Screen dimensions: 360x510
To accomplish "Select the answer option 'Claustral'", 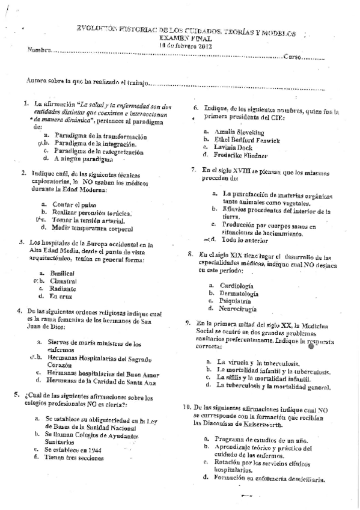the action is click(64, 281).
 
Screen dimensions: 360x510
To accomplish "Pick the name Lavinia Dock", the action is click(231, 147).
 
